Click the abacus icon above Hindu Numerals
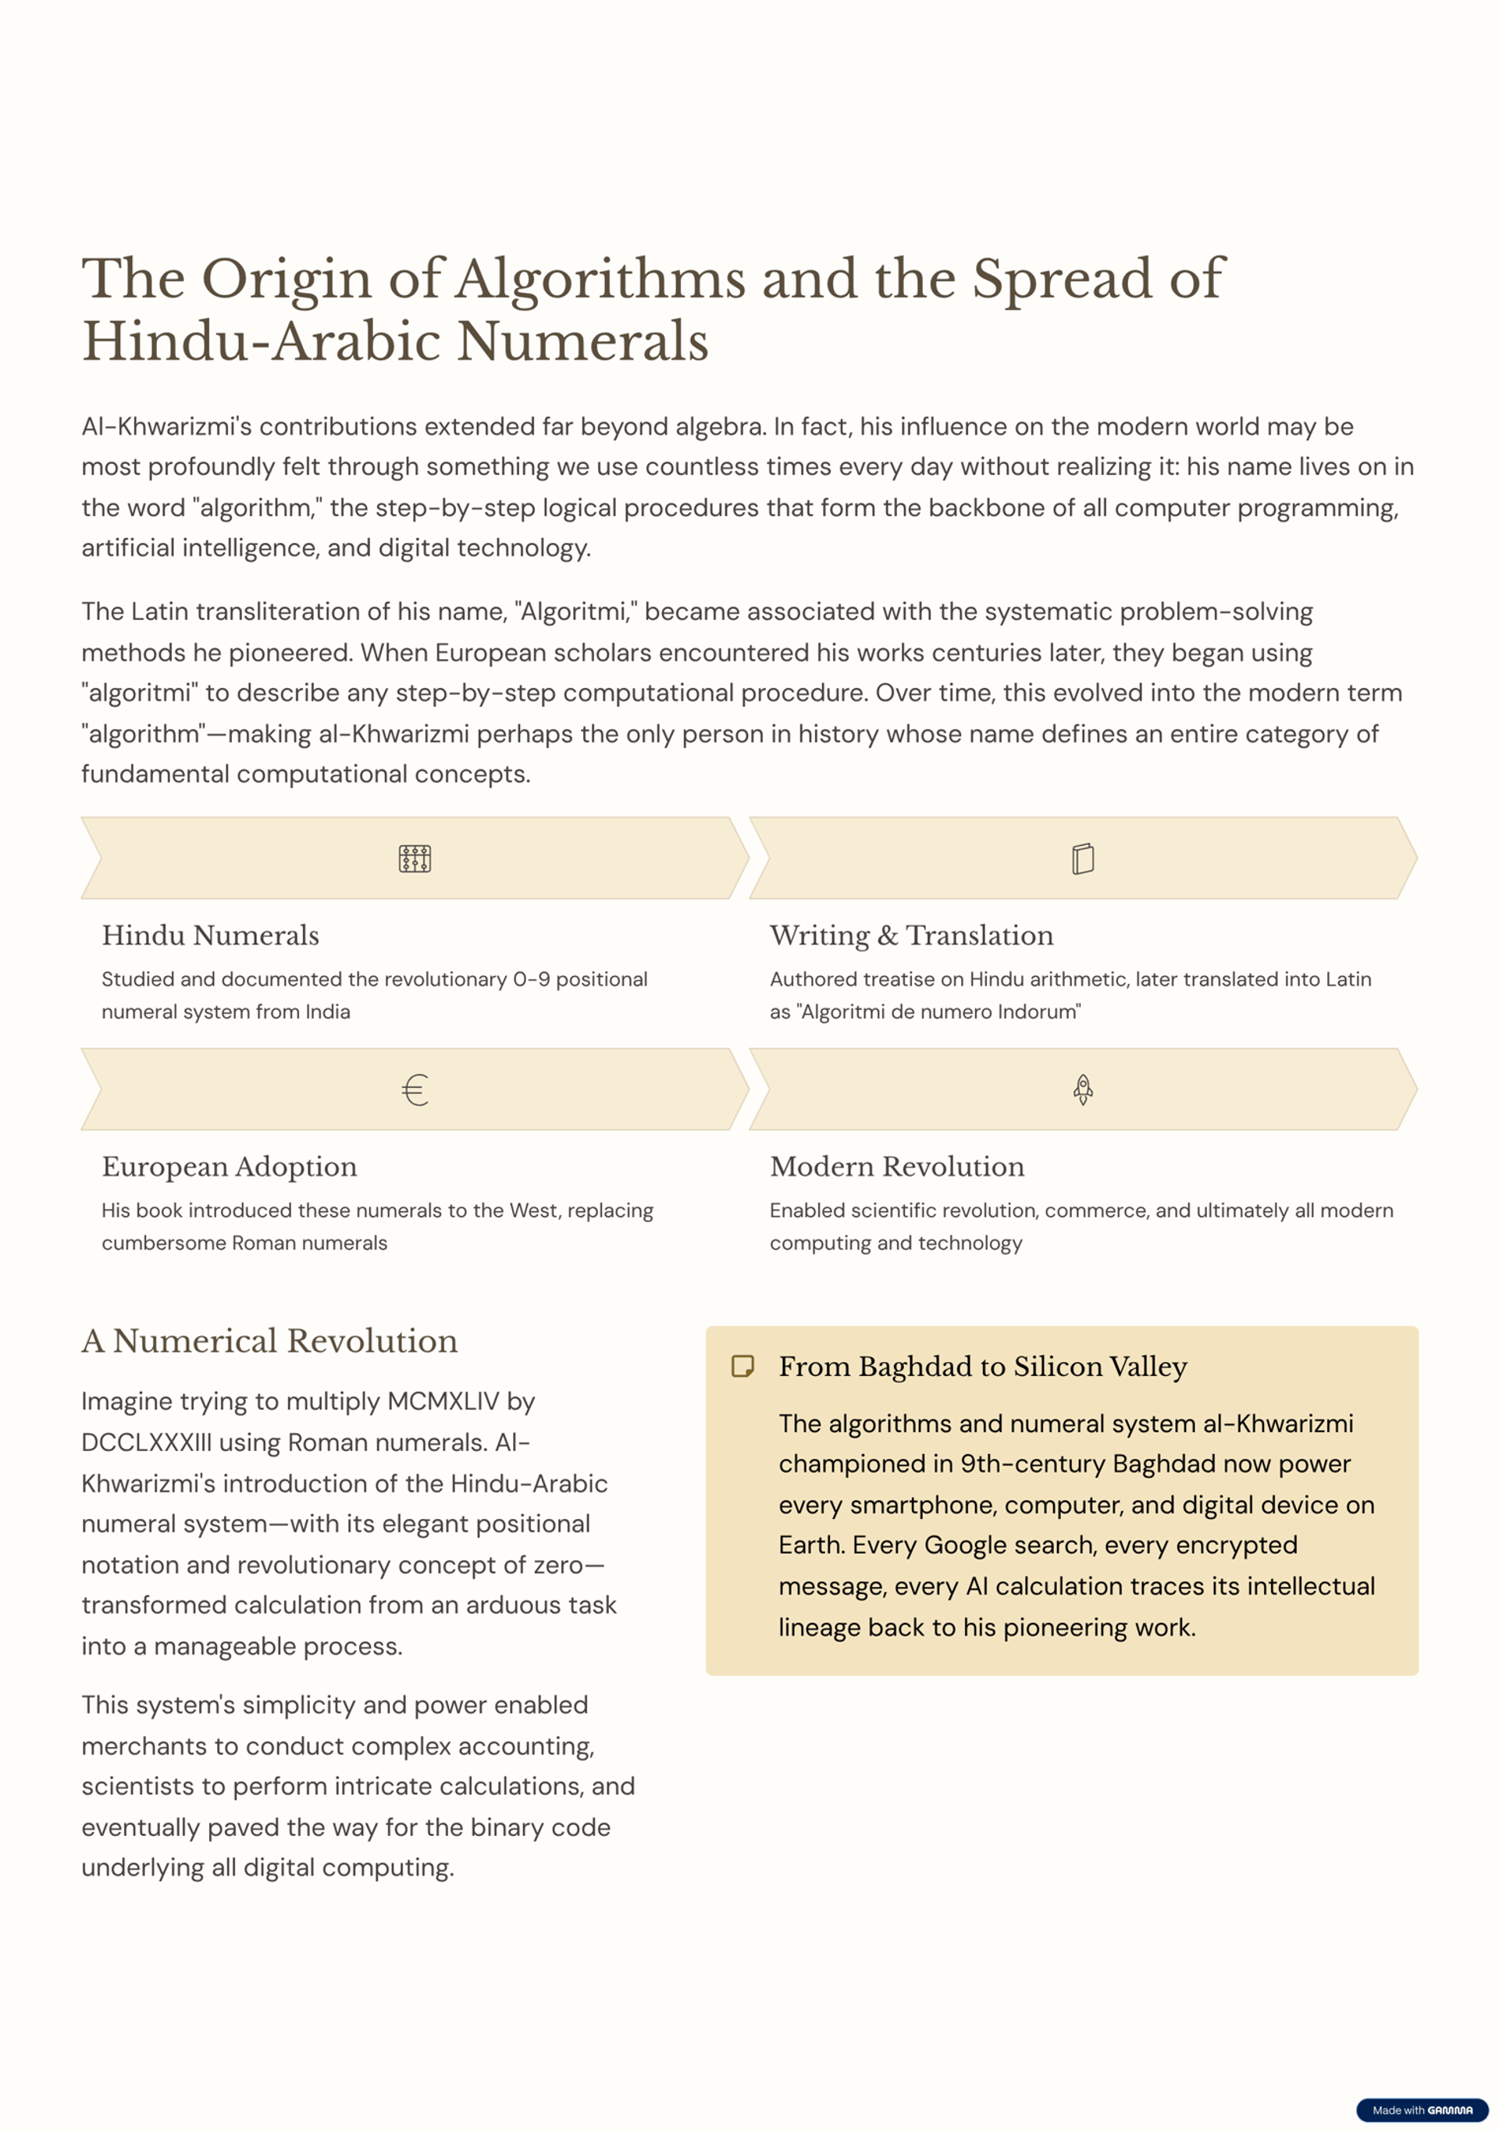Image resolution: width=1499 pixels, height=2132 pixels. pos(415,858)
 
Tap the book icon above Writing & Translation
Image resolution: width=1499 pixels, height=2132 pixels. pos(1082,858)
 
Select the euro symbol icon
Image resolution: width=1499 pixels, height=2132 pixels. pos(415,1089)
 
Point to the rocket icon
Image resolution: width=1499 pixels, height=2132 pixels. pos(1082,1089)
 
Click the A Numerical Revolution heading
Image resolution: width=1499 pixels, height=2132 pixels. pos(269,1341)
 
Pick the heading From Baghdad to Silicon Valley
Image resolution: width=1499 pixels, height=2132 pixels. pos(982,1367)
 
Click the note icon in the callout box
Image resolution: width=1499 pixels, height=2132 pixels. pos(742,1366)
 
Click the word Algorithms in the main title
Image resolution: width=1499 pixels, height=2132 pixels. pos(600,279)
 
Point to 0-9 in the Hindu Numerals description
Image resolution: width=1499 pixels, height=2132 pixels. pos(532,979)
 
